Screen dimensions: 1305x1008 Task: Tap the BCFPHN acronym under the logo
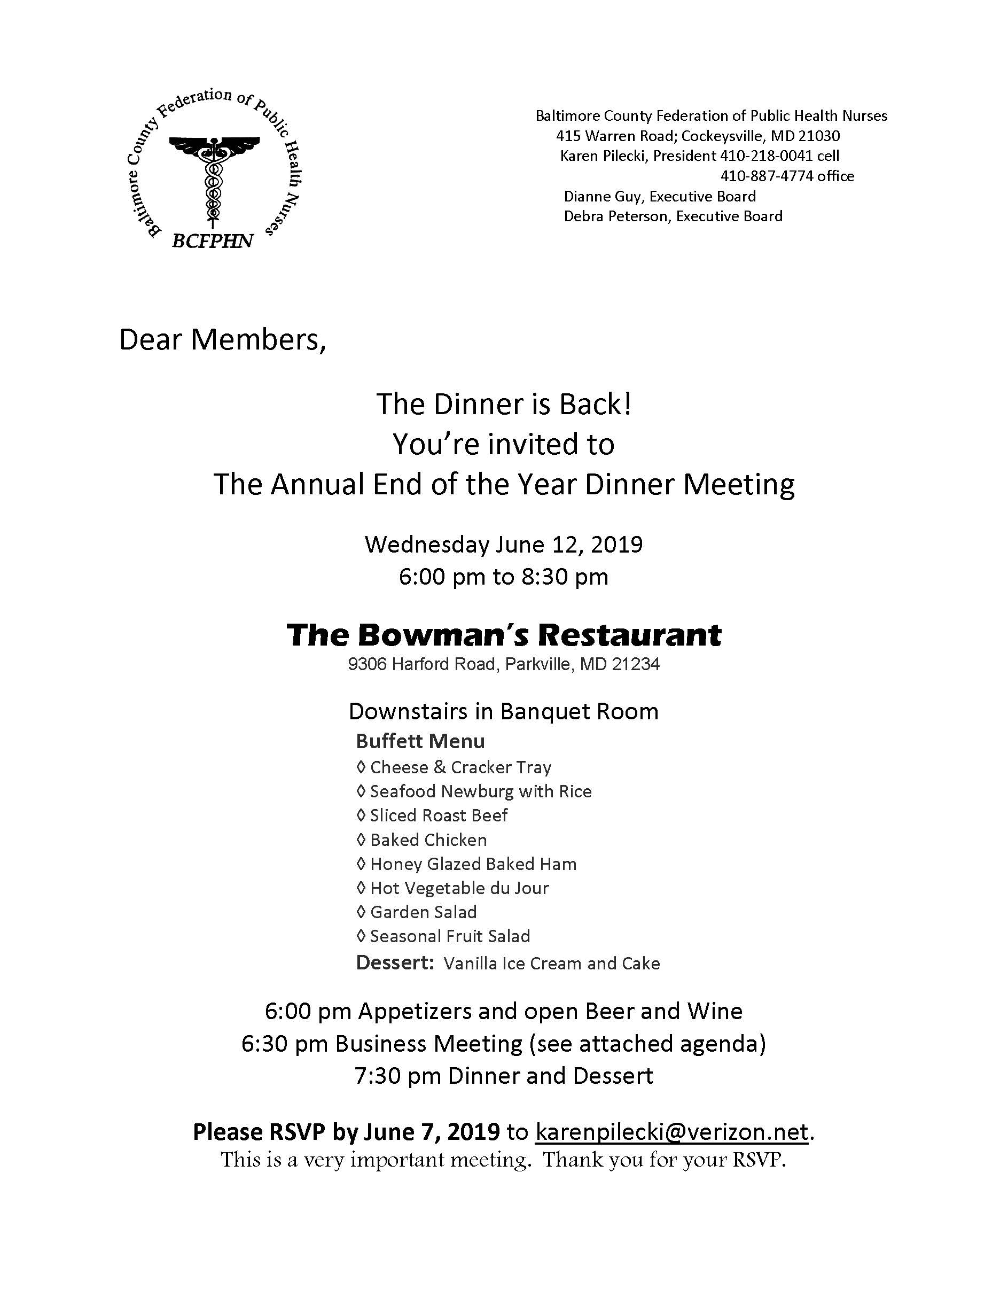click(213, 241)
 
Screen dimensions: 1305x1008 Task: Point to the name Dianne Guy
click(604, 197)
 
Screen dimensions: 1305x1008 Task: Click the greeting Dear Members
click(222, 340)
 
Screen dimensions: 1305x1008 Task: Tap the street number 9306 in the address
click(366, 664)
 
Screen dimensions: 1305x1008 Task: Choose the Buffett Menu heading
click(420, 742)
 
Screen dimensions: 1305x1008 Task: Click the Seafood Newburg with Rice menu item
click(481, 792)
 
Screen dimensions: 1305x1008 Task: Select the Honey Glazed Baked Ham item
click(473, 864)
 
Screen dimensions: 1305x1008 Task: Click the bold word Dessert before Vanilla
click(394, 962)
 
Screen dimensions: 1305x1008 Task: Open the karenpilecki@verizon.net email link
click(672, 1132)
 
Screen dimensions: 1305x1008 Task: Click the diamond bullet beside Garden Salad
click(361, 912)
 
